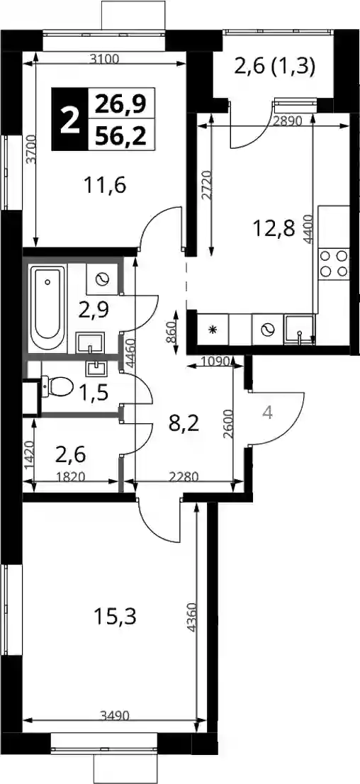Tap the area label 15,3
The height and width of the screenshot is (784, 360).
pyautogui.click(x=115, y=617)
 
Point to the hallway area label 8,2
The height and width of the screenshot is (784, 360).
pyautogui.click(x=184, y=425)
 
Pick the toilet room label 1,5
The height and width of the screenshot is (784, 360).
pyautogui.click(x=94, y=393)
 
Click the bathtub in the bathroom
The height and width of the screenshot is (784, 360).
pyautogui.click(x=47, y=308)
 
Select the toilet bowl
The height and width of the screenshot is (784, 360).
pyautogui.click(x=57, y=386)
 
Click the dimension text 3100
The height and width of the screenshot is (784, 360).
pyautogui.click(x=105, y=60)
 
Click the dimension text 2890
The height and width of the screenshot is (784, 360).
pyautogui.click(x=288, y=121)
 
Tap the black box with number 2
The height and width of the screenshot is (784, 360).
pyautogui.click(x=69, y=119)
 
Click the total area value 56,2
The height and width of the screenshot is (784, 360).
pyautogui.click(x=120, y=135)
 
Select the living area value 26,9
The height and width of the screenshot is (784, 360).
pyautogui.click(x=120, y=103)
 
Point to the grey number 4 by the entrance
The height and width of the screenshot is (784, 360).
pyautogui.click(x=268, y=413)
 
